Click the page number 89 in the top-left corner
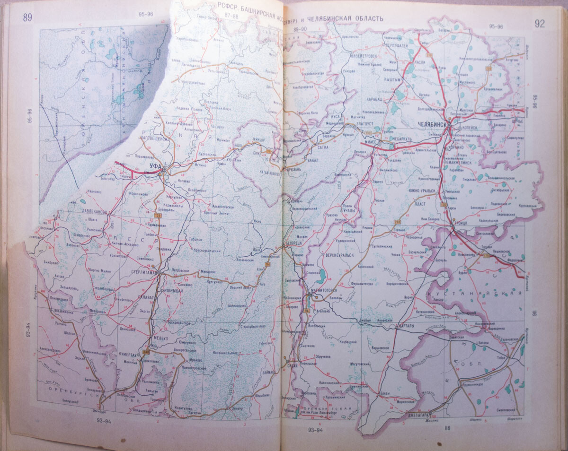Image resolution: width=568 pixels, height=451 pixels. pyautogui.click(x=27, y=18)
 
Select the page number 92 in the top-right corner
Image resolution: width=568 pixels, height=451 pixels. pyautogui.click(x=539, y=24)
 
